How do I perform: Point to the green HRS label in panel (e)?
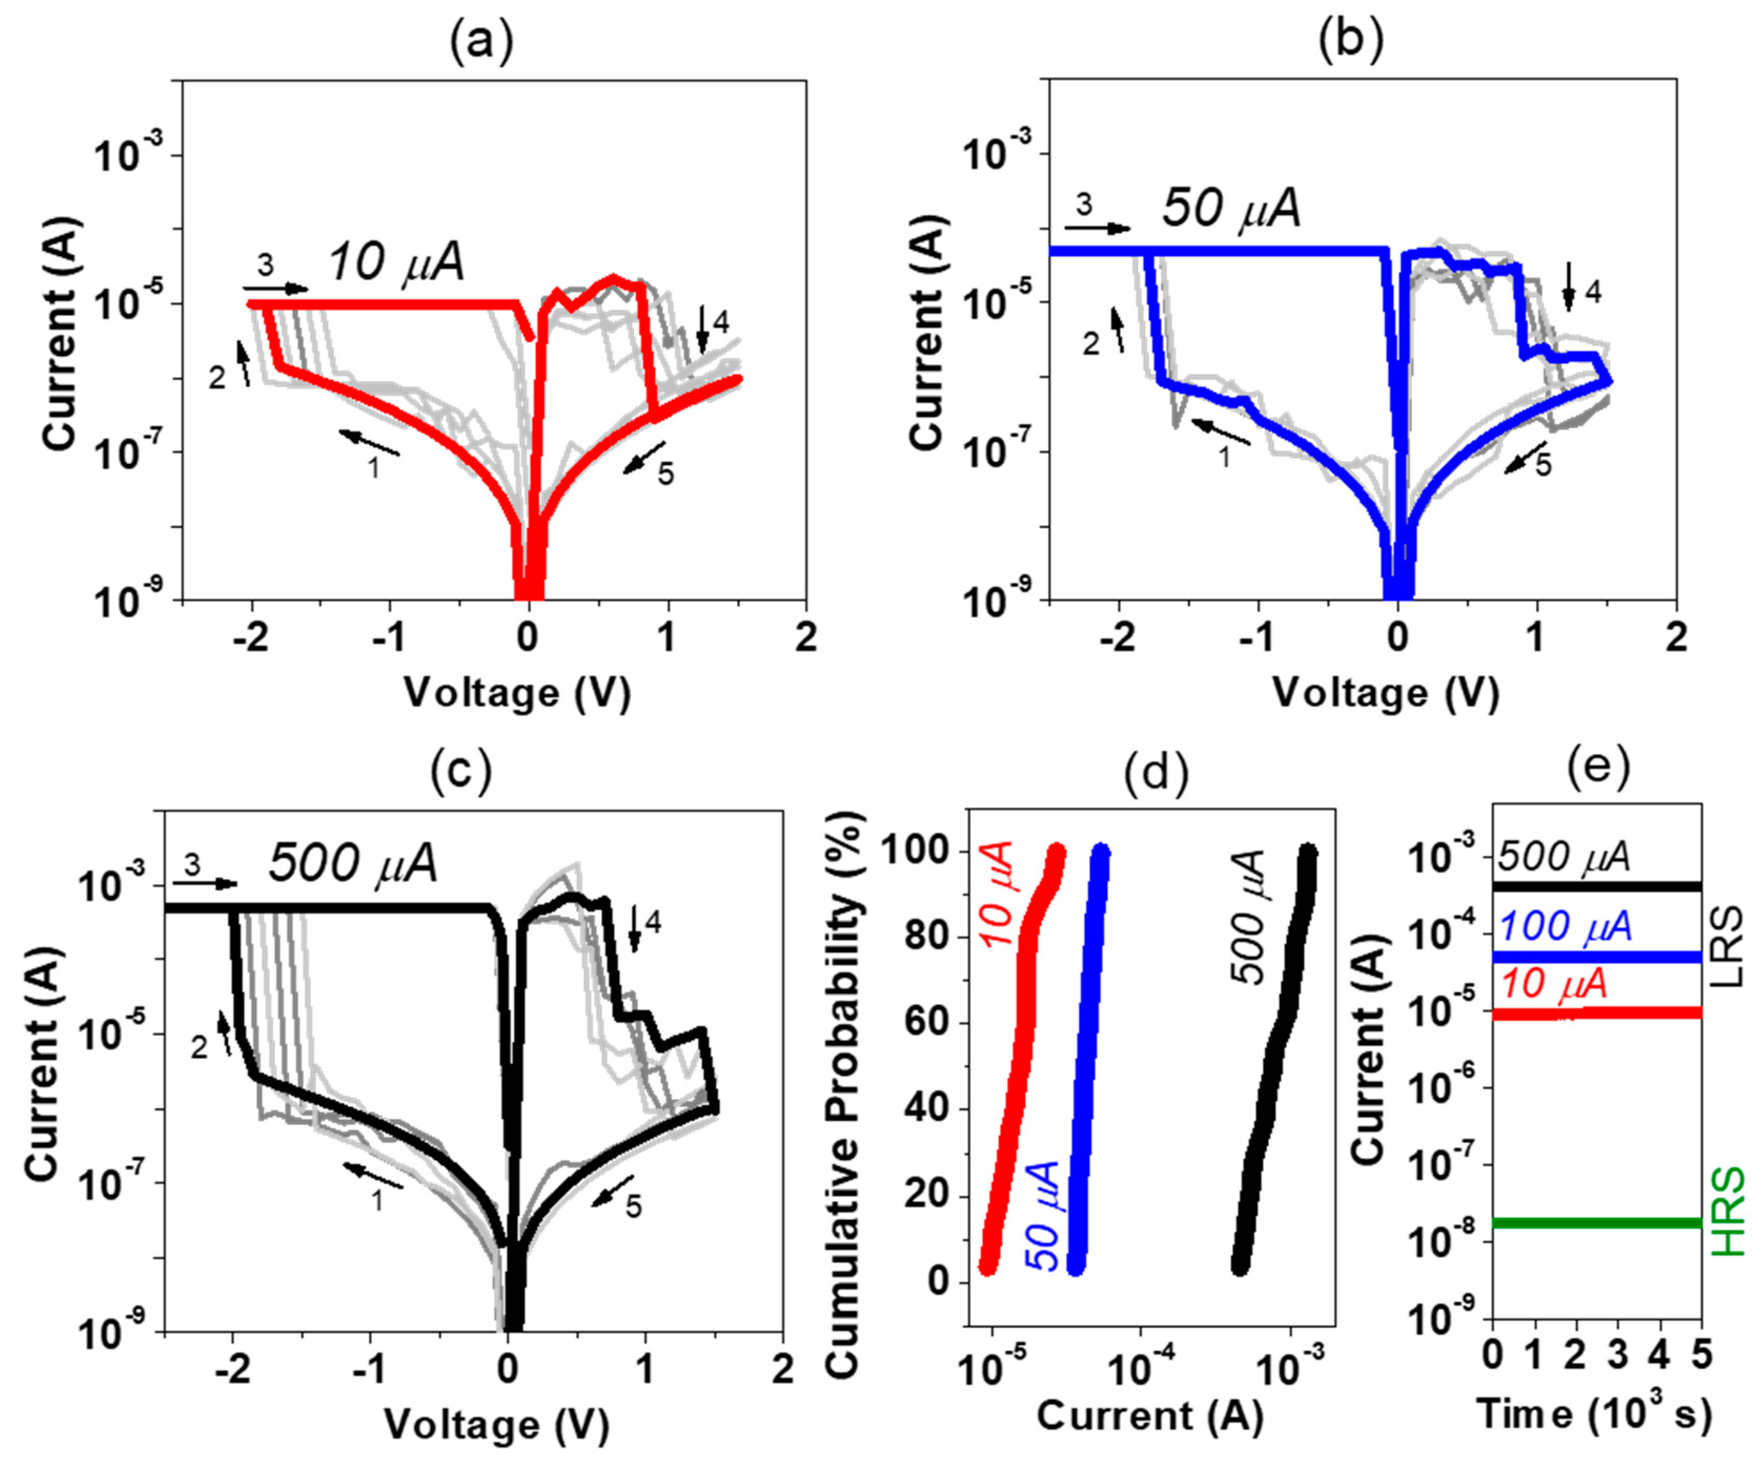[x=1729, y=1211]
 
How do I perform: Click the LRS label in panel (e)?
[x=1729, y=950]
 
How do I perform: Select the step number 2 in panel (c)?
[x=198, y=1047]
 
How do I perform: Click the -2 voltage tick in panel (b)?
[x=1117, y=638]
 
